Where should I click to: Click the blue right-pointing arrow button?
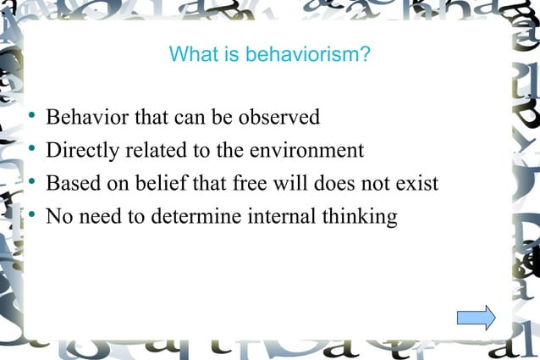(476, 318)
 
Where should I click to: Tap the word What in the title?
(189, 56)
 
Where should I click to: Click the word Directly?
(82, 150)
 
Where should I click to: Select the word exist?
(417, 183)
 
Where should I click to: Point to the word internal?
(284, 216)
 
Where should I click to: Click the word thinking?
(360, 217)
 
